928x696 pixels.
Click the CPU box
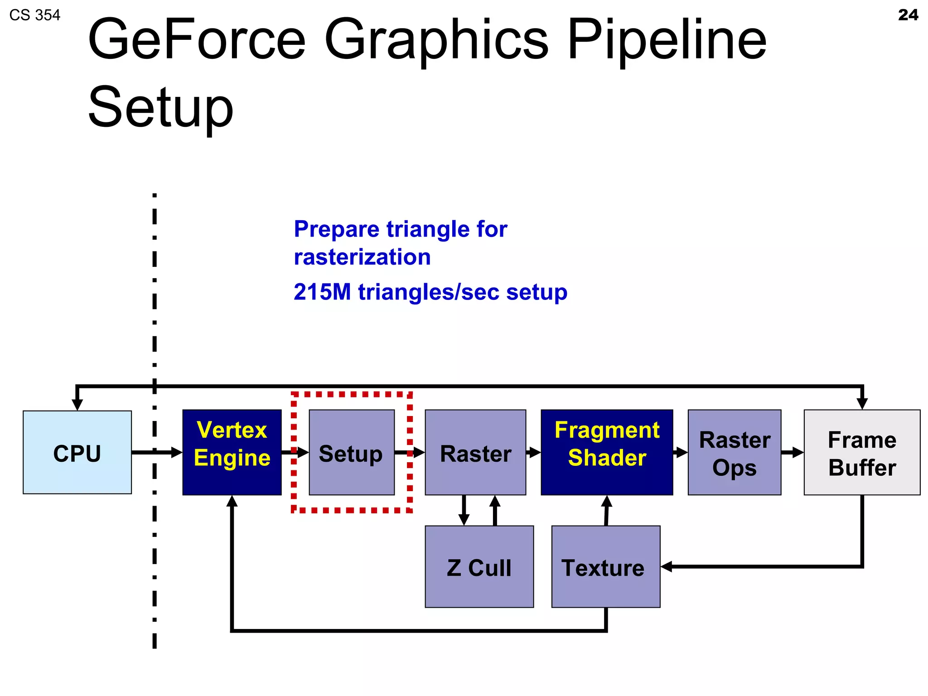tap(77, 452)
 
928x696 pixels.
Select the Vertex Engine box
tap(232, 452)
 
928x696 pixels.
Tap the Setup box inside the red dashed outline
tap(351, 452)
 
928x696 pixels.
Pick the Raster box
tap(475, 452)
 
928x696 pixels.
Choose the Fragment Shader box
tap(606, 452)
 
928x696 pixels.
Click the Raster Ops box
tap(734, 452)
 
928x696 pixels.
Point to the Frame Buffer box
tap(861, 452)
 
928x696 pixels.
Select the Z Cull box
tap(479, 566)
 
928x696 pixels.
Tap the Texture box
tap(605, 566)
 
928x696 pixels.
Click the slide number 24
tap(908, 15)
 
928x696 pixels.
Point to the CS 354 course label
tap(34, 15)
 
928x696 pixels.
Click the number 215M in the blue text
tap(322, 292)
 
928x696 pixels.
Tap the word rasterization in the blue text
tap(362, 257)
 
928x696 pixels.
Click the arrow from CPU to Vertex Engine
tap(156, 452)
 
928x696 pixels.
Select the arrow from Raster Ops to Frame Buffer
tap(792, 452)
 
